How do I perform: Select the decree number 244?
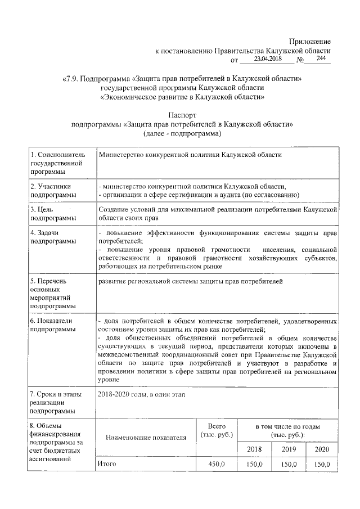point(322,58)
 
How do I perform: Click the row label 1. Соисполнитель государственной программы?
point(56,163)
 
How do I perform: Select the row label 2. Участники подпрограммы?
point(51,190)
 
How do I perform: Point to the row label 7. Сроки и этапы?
point(52,403)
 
